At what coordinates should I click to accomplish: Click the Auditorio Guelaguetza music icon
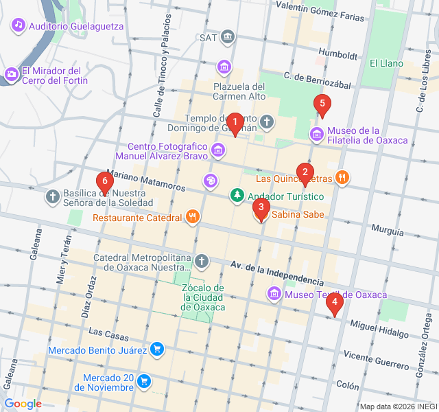[x=18, y=25]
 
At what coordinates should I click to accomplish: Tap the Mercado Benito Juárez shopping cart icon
[x=157, y=350]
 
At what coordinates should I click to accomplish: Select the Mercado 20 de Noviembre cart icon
[x=143, y=380]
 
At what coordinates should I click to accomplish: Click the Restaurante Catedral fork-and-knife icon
[x=193, y=218]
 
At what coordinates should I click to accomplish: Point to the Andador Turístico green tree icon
[x=237, y=196]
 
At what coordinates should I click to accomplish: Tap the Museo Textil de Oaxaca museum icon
[x=274, y=295]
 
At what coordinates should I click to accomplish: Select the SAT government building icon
[x=228, y=37]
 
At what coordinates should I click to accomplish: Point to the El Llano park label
[x=386, y=63]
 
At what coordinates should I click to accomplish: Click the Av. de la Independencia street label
[x=276, y=273]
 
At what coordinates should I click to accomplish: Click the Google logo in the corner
[x=23, y=404]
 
